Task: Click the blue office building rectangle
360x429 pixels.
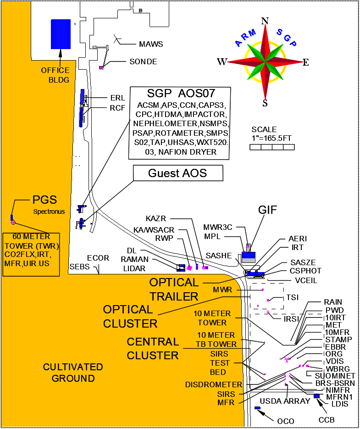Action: point(61,34)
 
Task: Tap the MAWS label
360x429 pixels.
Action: point(151,45)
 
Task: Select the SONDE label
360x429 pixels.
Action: point(143,62)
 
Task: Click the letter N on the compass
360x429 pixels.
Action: point(265,21)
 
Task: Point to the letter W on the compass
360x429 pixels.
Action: point(222,62)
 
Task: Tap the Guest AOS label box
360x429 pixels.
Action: point(177,173)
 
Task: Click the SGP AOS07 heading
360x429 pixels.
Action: point(180,94)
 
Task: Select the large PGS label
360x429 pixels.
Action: point(44,200)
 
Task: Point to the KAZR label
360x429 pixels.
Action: point(156,218)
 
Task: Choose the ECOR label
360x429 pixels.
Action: point(98,258)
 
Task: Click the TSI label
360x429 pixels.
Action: point(292,297)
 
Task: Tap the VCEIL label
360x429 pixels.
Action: point(306,280)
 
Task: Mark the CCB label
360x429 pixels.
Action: point(327,419)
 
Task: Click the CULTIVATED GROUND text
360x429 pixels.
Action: point(72,373)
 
